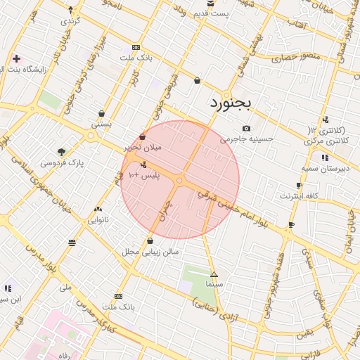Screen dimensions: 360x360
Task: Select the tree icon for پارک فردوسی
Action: [x=61, y=151]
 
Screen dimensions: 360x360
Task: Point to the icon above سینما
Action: [x=214, y=274]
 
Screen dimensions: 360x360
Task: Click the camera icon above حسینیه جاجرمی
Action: [x=246, y=128]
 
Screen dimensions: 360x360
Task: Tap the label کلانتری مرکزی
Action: [x=328, y=141]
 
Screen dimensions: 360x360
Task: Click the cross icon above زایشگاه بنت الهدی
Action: [x=15, y=58]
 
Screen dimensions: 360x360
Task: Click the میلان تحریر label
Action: [x=143, y=147]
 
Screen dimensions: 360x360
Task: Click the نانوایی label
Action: [x=98, y=219]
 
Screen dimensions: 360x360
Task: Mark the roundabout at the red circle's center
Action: [x=180, y=181]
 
